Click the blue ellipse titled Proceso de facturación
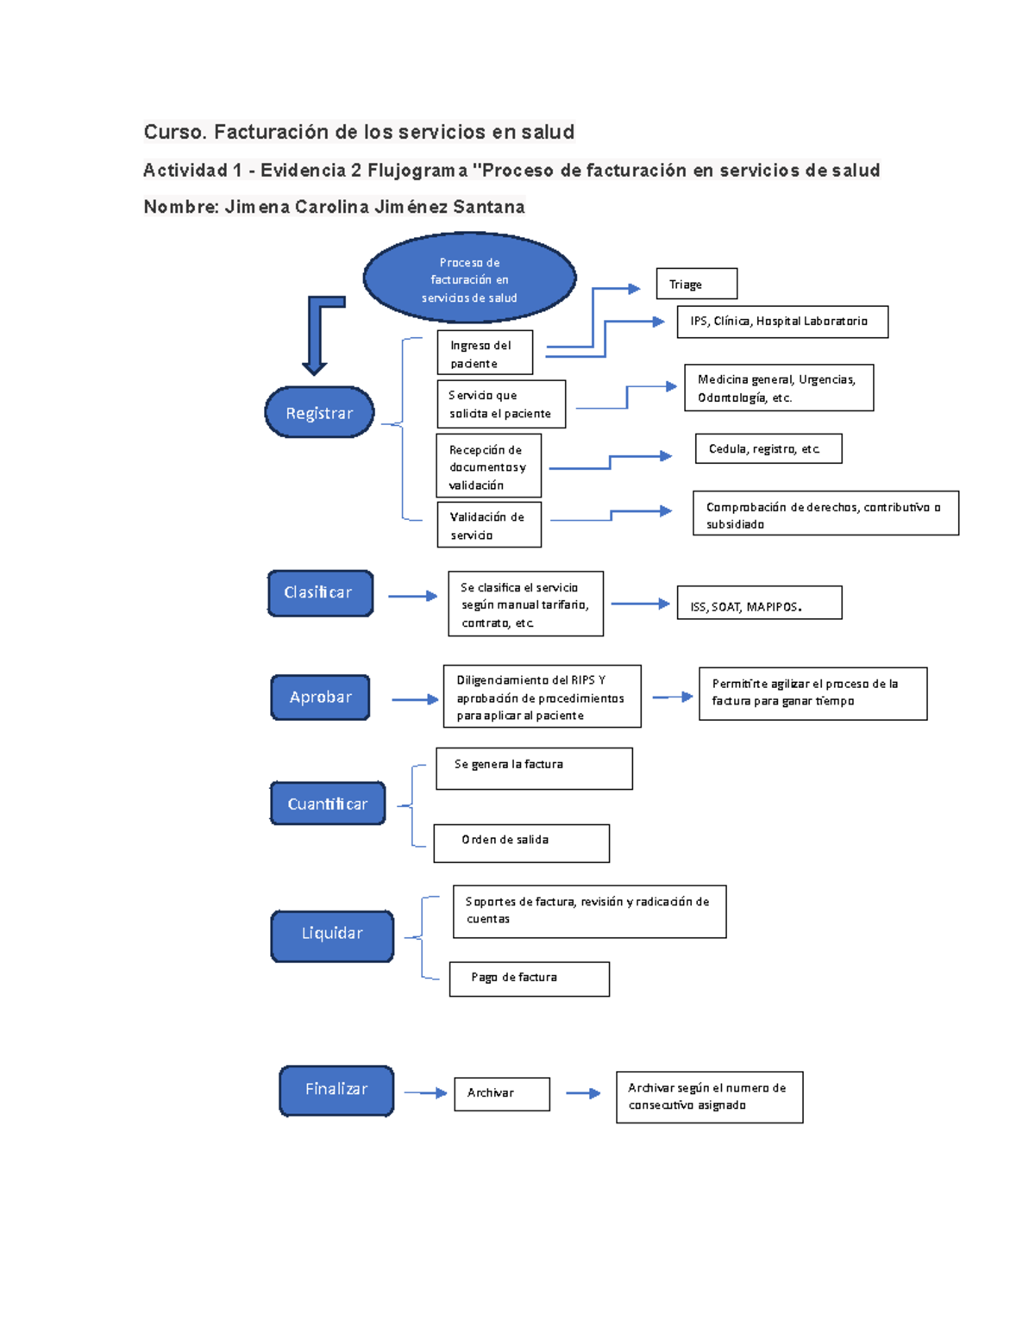coord(469,278)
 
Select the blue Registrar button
coord(319,413)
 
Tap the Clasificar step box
coord(320,593)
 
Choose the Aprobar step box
coord(320,697)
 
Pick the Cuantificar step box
coord(328,804)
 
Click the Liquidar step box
coord(332,935)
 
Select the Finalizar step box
coord(336,1090)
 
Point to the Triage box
coord(697,284)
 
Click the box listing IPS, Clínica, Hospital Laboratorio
coord(782,322)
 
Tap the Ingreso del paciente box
coord(485,353)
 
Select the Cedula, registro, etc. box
coord(768,449)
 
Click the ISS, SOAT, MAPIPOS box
coord(759,604)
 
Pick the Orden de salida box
coord(521,842)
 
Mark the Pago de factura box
coord(529,979)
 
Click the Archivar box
coord(502,1093)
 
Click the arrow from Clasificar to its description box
coord(412,596)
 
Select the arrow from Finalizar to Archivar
coord(425,1093)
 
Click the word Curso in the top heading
coord(174,132)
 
